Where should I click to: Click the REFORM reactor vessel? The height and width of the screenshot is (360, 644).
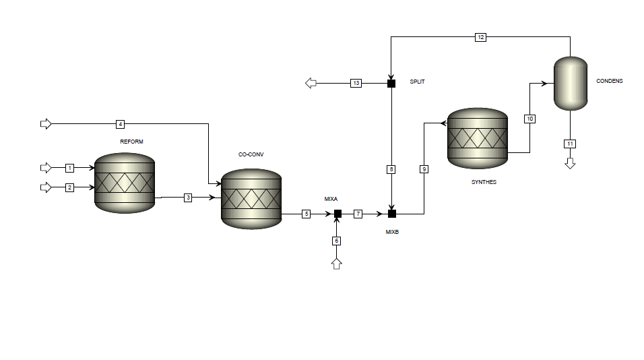[125, 183]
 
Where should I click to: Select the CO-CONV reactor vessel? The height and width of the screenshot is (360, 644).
[251, 198]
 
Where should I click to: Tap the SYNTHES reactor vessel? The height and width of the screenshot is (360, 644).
[478, 138]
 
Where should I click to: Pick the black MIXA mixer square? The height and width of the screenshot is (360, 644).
[337, 214]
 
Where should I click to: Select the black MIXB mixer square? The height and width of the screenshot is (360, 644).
[391, 214]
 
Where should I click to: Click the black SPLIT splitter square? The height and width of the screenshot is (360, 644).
[391, 84]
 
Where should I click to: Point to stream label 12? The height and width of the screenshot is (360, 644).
[480, 38]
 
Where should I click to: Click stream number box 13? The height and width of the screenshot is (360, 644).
[356, 84]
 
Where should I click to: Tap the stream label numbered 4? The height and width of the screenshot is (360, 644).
[120, 124]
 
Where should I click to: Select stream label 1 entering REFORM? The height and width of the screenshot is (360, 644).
[69, 167]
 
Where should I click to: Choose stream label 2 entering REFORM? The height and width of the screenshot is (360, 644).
[69, 187]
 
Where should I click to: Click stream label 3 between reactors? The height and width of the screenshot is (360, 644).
[188, 198]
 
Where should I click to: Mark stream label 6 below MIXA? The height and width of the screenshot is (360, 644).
[337, 241]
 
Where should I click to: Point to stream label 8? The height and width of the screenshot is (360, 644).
[391, 169]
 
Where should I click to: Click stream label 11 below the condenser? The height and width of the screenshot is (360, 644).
[570, 144]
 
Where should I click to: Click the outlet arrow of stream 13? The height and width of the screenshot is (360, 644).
[311, 84]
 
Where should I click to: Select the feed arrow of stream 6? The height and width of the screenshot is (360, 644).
[337, 263]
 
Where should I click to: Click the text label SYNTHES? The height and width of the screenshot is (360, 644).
[484, 182]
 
